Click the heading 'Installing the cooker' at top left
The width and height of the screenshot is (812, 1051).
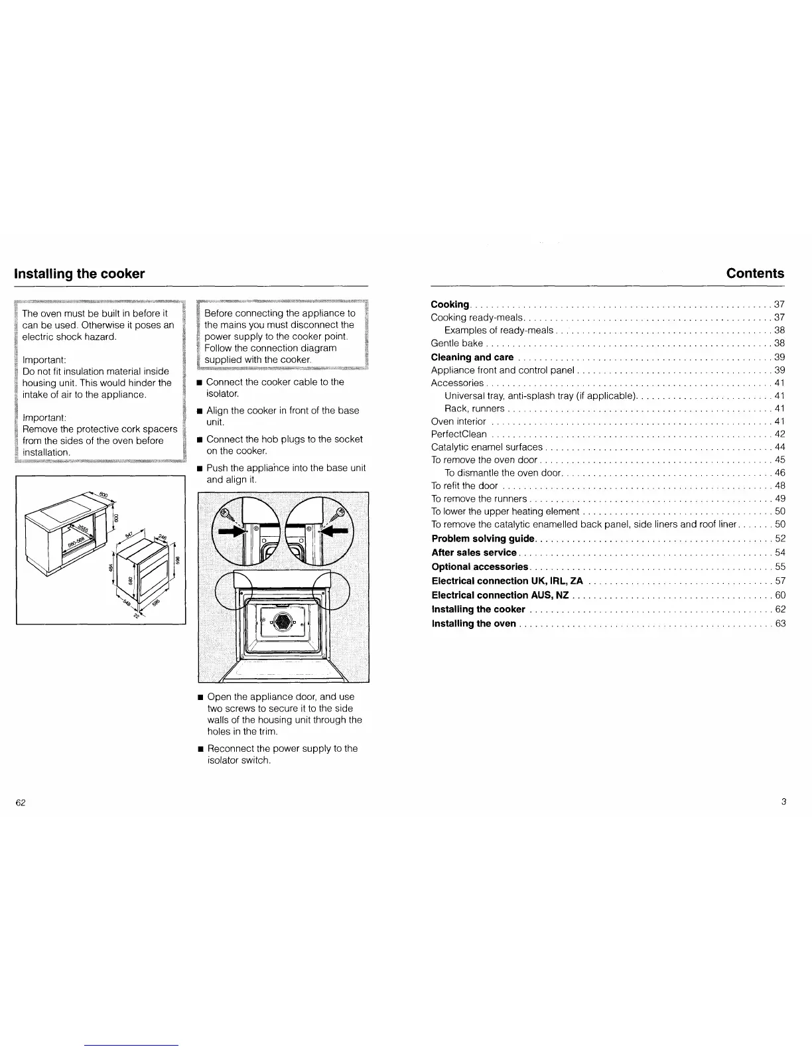tap(80, 273)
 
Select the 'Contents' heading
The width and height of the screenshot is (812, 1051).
tap(755, 273)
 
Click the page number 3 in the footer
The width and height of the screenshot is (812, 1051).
tap(783, 802)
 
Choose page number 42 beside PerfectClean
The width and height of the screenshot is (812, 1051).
tap(779, 435)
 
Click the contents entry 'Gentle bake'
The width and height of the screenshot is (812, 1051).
tap(456, 343)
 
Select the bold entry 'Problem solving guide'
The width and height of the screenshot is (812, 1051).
tap(483, 538)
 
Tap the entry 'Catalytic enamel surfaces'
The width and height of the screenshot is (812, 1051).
tap(486, 447)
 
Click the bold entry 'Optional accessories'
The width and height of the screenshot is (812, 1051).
tap(480, 567)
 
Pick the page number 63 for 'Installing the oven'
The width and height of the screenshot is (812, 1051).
tap(779, 624)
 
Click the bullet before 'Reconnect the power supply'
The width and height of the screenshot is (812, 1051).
tap(200, 748)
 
